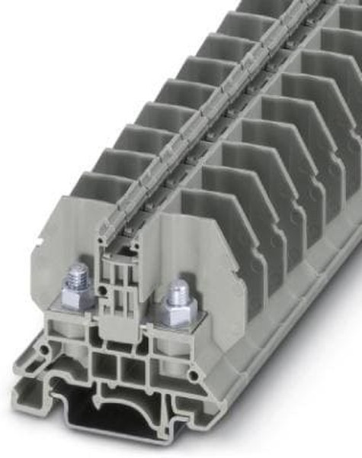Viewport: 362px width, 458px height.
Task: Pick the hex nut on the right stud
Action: [177, 310]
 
